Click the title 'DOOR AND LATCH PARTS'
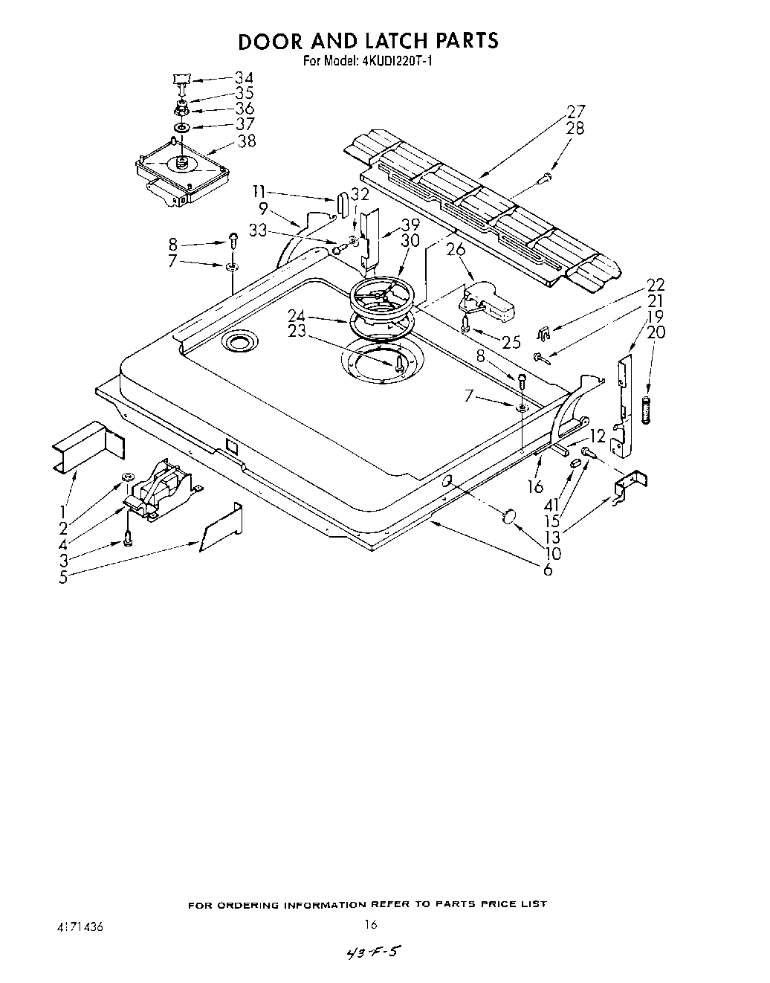click(367, 41)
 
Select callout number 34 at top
click(243, 77)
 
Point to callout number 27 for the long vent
click(575, 112)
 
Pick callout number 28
click(575, 128)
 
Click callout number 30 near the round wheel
click(410, 241)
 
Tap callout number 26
click(456, 250)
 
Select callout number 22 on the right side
click(656, 286)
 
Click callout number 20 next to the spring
click(656, 332)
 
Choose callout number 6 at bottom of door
click(548, 570)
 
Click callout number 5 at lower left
click(64, 577)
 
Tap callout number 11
click(259, 190)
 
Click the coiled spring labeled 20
click(645, 410)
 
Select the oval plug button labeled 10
click(509, 516)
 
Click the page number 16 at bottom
click(371, 925)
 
